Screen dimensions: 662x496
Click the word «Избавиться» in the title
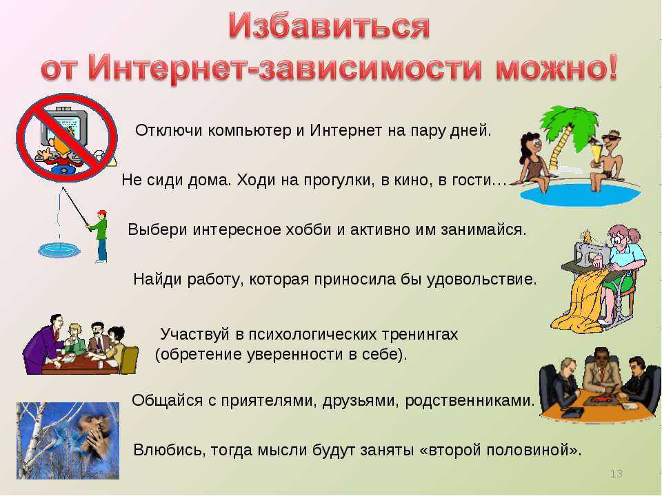point(330,26)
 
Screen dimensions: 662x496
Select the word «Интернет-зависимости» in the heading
point(285,68)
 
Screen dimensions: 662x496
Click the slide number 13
point(616,473)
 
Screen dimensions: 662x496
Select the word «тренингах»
point(420,335)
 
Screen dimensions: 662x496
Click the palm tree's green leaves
point(568,120)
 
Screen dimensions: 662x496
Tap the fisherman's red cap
point(102,212)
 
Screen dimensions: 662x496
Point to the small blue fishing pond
point(59,250)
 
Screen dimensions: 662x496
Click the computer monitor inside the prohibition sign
point(64,127)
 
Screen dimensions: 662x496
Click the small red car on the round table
point(599,399)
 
